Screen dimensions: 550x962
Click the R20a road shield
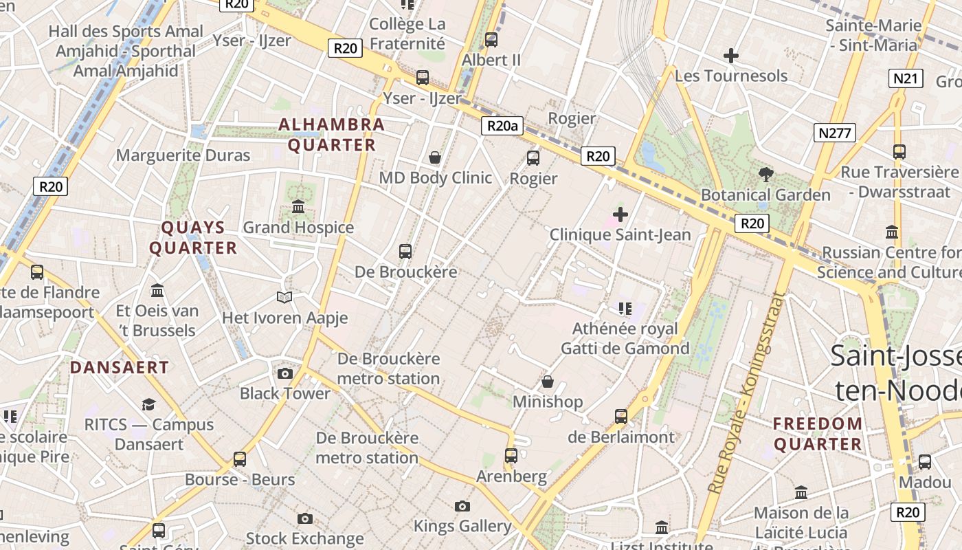(x=502, y=126)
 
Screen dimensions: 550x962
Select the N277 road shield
(x=835, y=133)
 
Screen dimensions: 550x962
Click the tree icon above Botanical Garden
(x=765, y=175)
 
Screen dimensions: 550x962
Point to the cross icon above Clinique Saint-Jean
(x=620, y=214)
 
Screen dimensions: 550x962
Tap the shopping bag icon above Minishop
(x=548, y=381)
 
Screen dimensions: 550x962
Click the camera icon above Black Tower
(x=284, y=373)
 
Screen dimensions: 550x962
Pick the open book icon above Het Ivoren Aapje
(x=284, y=297)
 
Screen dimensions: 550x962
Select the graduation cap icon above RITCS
(x=148, y=404)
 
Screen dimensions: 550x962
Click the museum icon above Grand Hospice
(x=298, y=206)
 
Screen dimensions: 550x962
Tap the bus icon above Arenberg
(x=511, y=455)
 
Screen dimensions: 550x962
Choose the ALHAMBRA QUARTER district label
(x=332, y=135)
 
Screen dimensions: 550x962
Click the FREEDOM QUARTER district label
(x=818, y=434)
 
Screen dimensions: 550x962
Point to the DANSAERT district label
(x=120, y=367)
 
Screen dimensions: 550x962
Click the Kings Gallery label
(x=462, y=527)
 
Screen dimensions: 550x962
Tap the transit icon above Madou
(x=925, y=461)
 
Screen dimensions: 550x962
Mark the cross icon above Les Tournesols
(x=731, y=55)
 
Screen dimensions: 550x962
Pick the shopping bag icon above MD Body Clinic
(x=435, y=157)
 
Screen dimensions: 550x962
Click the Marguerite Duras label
(x=183, y=155)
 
